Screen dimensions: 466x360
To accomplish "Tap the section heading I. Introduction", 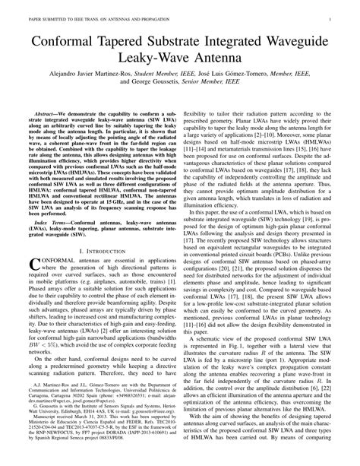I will click(x=96, y=252).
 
